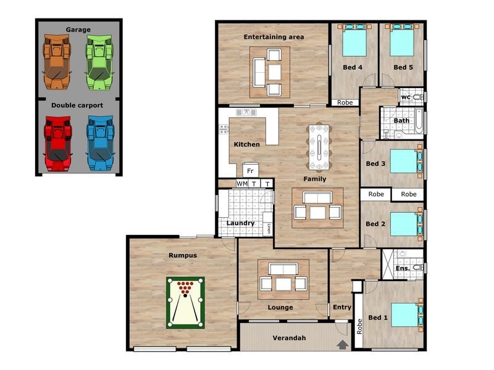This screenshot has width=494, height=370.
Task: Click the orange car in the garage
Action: (x=57, y=59)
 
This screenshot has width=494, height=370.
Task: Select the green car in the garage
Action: (x=98, y=59)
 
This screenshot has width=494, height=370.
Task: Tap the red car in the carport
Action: (x=57, y=144)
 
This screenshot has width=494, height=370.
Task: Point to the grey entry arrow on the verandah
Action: (x=342, y=345)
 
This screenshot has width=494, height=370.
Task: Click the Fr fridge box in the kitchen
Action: (x=250, y=170)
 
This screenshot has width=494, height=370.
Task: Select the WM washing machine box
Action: (x=242, y=184)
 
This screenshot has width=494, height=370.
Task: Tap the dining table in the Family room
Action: (x=319, y=147)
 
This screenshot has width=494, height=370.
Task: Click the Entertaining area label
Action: (x=274, y=37)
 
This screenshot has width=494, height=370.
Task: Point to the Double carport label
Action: (x=77, y=105)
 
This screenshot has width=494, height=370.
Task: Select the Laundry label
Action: (x=240, y=223)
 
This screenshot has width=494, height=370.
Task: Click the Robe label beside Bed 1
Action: (x=358, y=326)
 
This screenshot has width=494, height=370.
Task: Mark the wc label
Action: (x=406, y=97)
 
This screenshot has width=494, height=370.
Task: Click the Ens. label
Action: (x=402, y=268)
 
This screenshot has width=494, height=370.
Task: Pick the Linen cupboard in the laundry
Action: (x=269, y=228)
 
